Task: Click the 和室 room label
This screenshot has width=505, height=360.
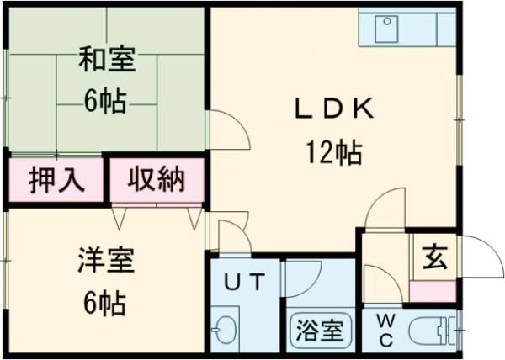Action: click(x=106, y=61)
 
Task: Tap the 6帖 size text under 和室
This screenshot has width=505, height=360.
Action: click(x=105, y=102)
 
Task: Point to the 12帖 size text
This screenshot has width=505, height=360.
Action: click(x=333, y=153)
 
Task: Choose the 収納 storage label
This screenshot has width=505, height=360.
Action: click(x=157, y=179)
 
